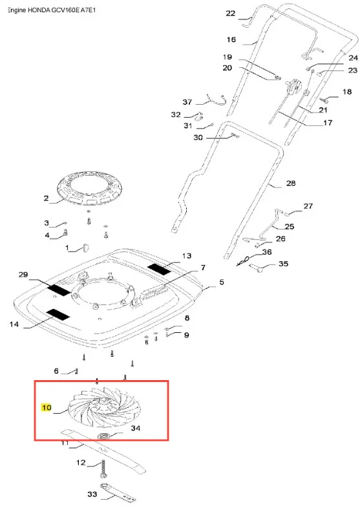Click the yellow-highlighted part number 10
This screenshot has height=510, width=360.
(46, 407)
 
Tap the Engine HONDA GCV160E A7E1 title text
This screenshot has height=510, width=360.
(52, 10)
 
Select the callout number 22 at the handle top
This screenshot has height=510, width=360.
(231, 14)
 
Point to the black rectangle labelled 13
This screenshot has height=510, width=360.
(160, 269)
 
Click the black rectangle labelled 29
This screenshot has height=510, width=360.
(59, 290)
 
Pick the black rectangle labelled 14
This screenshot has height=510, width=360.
(58, 314)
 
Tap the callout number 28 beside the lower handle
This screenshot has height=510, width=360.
(291, 184)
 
